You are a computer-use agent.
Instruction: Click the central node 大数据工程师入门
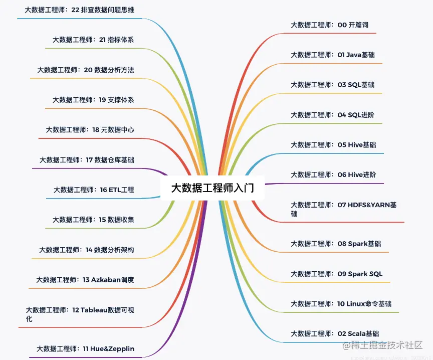212,189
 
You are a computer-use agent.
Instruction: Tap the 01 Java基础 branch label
332,55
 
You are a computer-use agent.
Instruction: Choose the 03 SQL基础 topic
332,85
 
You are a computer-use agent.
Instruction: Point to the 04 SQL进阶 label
332,115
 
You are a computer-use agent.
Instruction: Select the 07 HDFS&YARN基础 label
344,209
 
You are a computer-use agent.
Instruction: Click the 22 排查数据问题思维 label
79,10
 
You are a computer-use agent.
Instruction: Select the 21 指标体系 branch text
93,40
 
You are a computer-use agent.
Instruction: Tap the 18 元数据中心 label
90,130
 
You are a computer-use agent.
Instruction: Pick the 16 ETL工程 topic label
94,190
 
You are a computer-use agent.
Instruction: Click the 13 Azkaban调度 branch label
85,280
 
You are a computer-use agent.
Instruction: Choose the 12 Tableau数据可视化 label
80,314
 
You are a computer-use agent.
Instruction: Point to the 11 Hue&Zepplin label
85,348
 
